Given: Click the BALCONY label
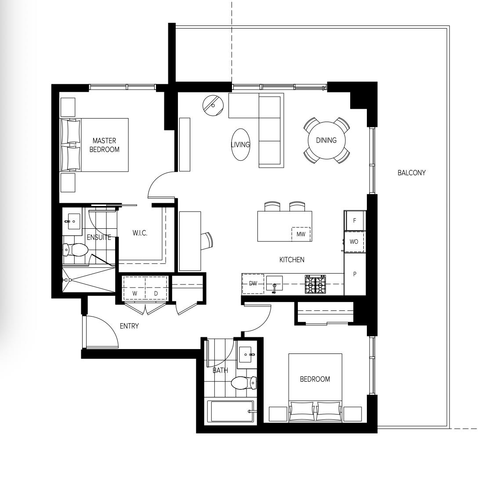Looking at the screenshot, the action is [411, 173].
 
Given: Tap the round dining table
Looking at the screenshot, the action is [326, 141].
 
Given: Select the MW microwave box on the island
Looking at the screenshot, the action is [301, 234].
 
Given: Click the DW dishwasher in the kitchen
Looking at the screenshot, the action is [253, 284].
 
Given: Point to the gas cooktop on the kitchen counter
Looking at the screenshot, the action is [315, 284].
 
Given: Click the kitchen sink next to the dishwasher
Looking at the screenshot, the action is [274, 284].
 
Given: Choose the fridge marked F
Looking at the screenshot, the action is [355, 220].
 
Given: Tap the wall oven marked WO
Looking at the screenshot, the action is [354, 242].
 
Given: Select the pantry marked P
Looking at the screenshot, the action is [355, 274].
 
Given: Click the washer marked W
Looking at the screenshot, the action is [134, 288].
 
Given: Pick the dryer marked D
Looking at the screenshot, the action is [156, 288].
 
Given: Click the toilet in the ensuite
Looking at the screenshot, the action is [76, 250].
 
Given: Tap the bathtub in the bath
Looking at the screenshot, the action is [231, 411].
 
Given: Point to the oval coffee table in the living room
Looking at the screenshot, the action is [240, 144].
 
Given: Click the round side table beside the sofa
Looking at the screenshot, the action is [213, 105].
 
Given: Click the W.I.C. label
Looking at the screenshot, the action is [140, 233].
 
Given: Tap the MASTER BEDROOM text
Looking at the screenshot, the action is [105, 145].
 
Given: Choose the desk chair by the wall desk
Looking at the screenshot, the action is [206, 241].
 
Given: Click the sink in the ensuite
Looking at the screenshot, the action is [74, 221].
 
